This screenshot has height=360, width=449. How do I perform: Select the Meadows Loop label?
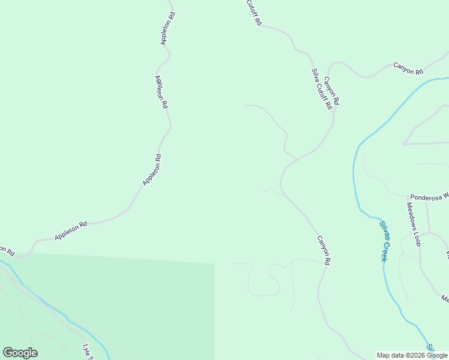pyautogui.click(x=414, y=224)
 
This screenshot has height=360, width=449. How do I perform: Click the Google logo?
pyautogui.click(x=20, y=353)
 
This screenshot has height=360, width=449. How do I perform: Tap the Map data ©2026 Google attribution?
pyautogui.click(x=412, y=355)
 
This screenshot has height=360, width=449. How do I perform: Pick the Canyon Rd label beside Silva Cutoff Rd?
pyautogui.click(x=332, y=91)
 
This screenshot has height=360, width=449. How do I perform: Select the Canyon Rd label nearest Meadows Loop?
pyautogui.click(x=324, y=250)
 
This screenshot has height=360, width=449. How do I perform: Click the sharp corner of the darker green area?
pyautogui.click(x=214, y=263)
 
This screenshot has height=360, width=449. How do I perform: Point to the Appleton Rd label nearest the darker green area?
pyautogui.click(x=71, y=231)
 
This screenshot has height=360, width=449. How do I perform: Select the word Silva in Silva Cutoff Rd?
pyautogui.click(x=315, y=75)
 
